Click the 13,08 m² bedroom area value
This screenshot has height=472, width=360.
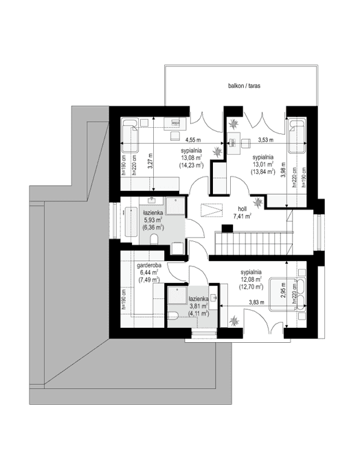[190, 157]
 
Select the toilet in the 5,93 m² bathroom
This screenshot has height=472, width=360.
[157, 238]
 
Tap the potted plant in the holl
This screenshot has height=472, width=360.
[258, 202]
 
